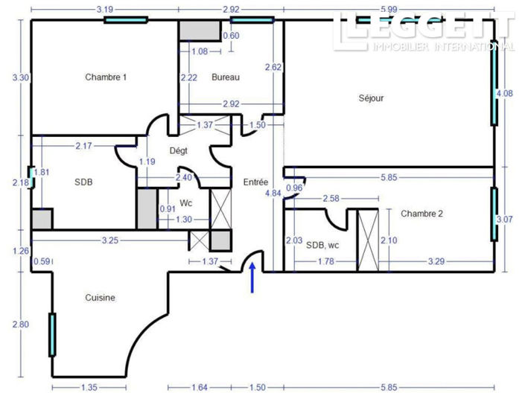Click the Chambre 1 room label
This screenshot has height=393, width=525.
(x=106, y=77)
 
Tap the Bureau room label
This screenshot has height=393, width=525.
(x=226, y=77)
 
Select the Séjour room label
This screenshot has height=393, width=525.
(x=371, y=98)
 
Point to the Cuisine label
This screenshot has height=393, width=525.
(x=100, y=298)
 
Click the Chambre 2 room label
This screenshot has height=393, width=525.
(x=422, y=214)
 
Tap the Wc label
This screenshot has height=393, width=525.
(x=186, y=203)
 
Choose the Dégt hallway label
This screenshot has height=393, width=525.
(x=179, y=151)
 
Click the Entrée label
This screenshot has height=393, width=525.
(x=256, y=182)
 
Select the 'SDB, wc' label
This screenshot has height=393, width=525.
(x=322, y=246)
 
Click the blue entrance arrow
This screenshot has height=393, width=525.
(x=252, y=278)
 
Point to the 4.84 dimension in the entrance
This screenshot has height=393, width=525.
(x=273, y=194)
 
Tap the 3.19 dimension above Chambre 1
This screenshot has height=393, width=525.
(x=105, y=10)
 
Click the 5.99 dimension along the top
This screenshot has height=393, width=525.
(x=389, y=10)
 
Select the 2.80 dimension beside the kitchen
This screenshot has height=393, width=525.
(x=21, y=325)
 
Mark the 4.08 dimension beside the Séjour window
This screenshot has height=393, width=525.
(x=505, y=93)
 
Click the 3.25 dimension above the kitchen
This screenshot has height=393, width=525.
(x=110, y=240)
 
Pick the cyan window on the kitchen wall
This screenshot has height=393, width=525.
(x=52, y=335)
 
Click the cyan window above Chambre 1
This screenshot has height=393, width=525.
(x=126, y=20)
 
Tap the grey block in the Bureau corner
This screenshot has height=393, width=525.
(x=200, y=31)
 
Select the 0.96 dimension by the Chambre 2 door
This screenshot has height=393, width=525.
(x=294, y=188)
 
